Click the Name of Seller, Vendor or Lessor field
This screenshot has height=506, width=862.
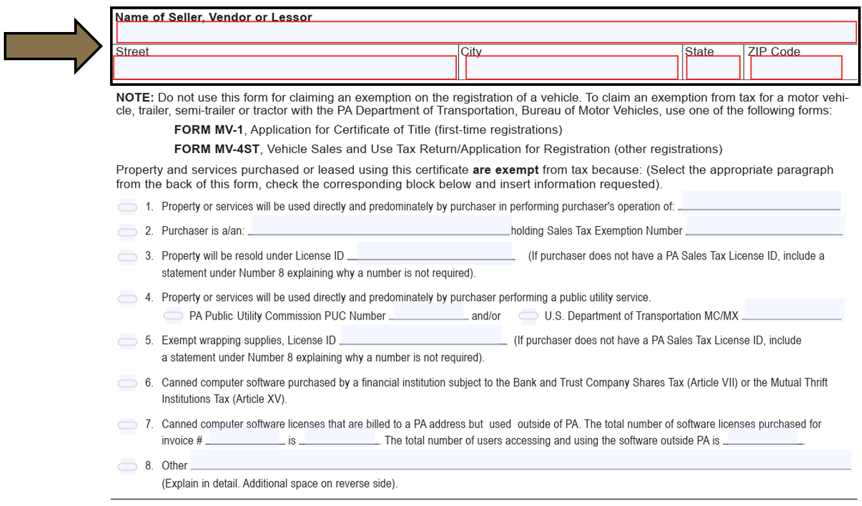[x=486, y=32]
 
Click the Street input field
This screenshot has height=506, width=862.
[x=285, y=68]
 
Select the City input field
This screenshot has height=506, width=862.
[x=571, y=68]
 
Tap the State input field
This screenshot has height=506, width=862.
[x=713, y=68]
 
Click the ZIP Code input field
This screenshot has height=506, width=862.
[x=796, y=68]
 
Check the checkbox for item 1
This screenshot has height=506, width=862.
[x=127, y=207]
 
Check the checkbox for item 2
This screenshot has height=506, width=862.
[x=127, y=231]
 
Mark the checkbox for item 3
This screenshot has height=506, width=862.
[x=127, y=257]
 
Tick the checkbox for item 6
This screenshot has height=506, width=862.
[x=127, y=384]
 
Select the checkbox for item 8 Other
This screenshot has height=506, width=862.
[x=127, y=466]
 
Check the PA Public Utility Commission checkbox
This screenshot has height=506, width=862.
[x=173, y=316]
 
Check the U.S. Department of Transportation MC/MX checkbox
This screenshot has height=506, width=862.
[x=528, y=316]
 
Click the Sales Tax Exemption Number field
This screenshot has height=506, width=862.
[x=765, y=226]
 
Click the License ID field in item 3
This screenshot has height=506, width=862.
[x=435, y=252]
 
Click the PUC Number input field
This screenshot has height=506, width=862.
[x=428, y=311]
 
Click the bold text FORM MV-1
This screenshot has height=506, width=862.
[x=211, y=130]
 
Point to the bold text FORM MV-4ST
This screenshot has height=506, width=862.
[x=217, y=149]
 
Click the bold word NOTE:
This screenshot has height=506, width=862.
[x=134, y=98]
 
